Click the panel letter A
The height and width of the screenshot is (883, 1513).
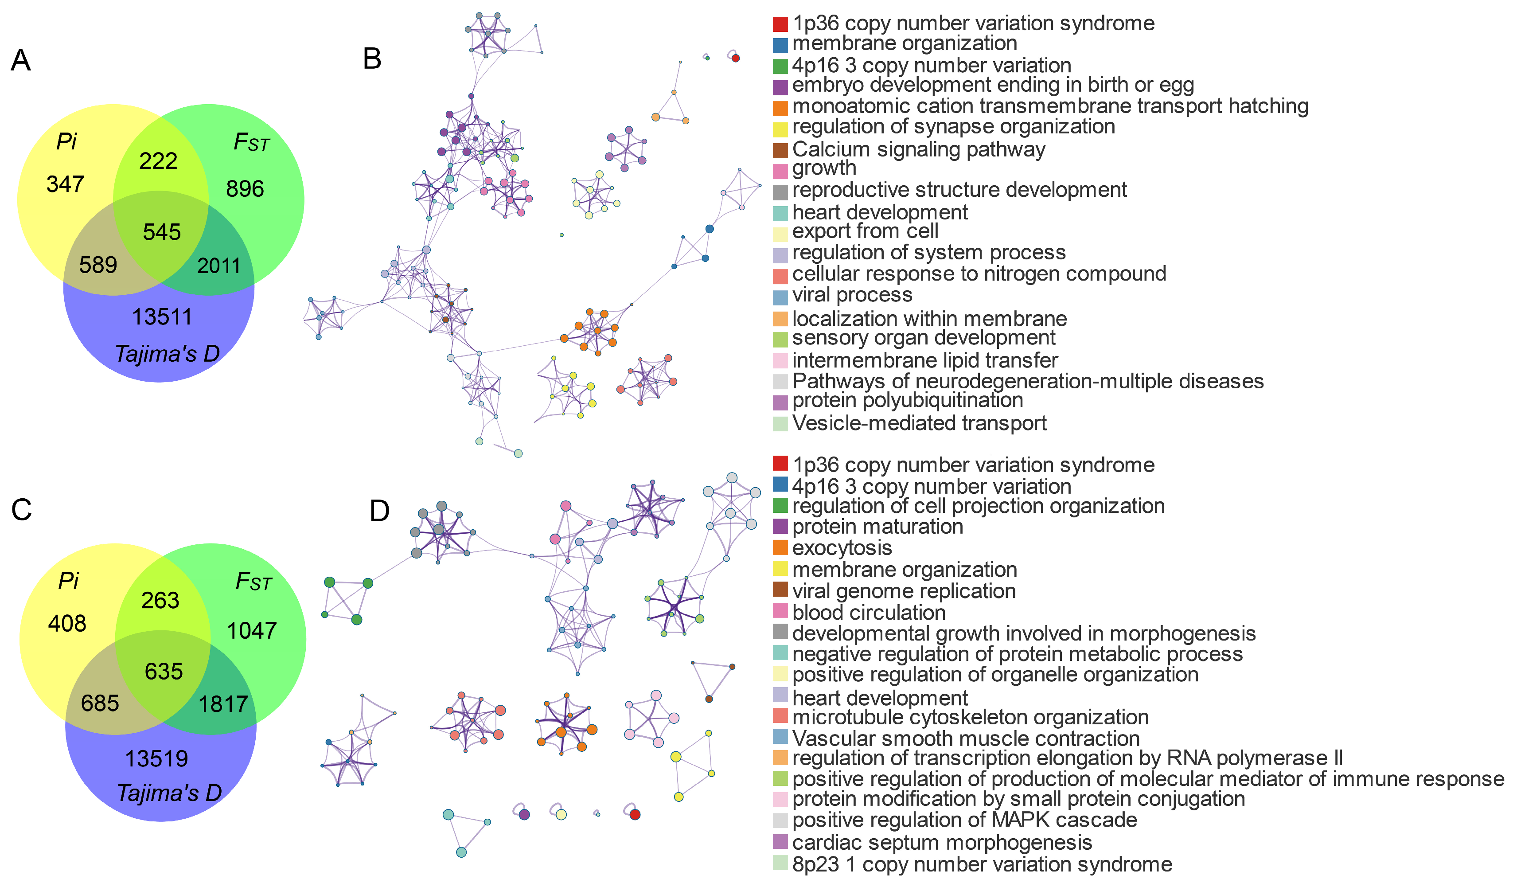click(x=21, y=61)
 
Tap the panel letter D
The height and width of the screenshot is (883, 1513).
click(x=379, y=511)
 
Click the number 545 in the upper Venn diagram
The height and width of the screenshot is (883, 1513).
click(x=161, y=232)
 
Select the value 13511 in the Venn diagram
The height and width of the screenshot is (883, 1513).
click(x=162, y=316)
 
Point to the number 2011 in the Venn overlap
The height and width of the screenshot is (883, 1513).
click(x=218, y=266)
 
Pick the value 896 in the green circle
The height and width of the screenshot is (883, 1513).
click(x=245, y=189)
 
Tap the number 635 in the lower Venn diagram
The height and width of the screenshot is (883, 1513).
click(x=163, y=671)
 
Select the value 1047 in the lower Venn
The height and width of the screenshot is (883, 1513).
click(x=252, y=631)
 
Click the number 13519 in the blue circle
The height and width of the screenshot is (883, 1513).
click(x=157, y=758)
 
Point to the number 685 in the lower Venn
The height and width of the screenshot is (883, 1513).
click(x=100, y=703)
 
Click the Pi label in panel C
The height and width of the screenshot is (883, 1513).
click(x=68, y=581)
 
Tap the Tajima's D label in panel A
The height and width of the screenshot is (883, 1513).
click(x=168, y=354)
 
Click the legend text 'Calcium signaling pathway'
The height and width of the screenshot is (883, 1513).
click(x=919, y=149)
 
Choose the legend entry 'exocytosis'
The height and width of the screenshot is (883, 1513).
click(x=842, y=548)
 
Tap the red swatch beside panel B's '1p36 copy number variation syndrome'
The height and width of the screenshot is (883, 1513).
click(x=780, y=24)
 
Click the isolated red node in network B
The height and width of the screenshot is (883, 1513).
click(x=736, y=58)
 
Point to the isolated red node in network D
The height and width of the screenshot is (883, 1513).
click(x=635, y=815)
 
